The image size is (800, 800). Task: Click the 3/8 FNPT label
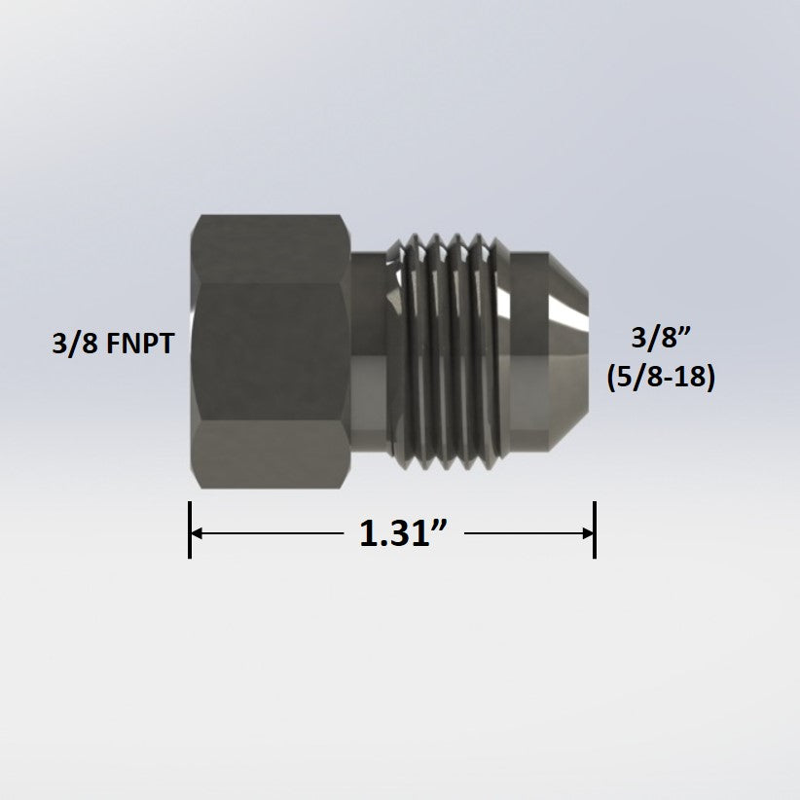coord(112,344)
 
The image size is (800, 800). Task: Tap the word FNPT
coord(139,344)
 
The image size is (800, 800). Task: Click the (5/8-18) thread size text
coord(660,378)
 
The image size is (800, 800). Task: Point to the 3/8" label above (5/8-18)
coord(660,340)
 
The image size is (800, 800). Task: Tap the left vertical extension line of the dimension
coord(190,530)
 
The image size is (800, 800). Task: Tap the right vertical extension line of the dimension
coord(595,530)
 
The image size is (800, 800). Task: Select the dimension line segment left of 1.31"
coord(273,533)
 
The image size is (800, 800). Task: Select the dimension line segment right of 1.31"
coord(526,533)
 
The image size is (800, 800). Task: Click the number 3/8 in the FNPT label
coord(69,344)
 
